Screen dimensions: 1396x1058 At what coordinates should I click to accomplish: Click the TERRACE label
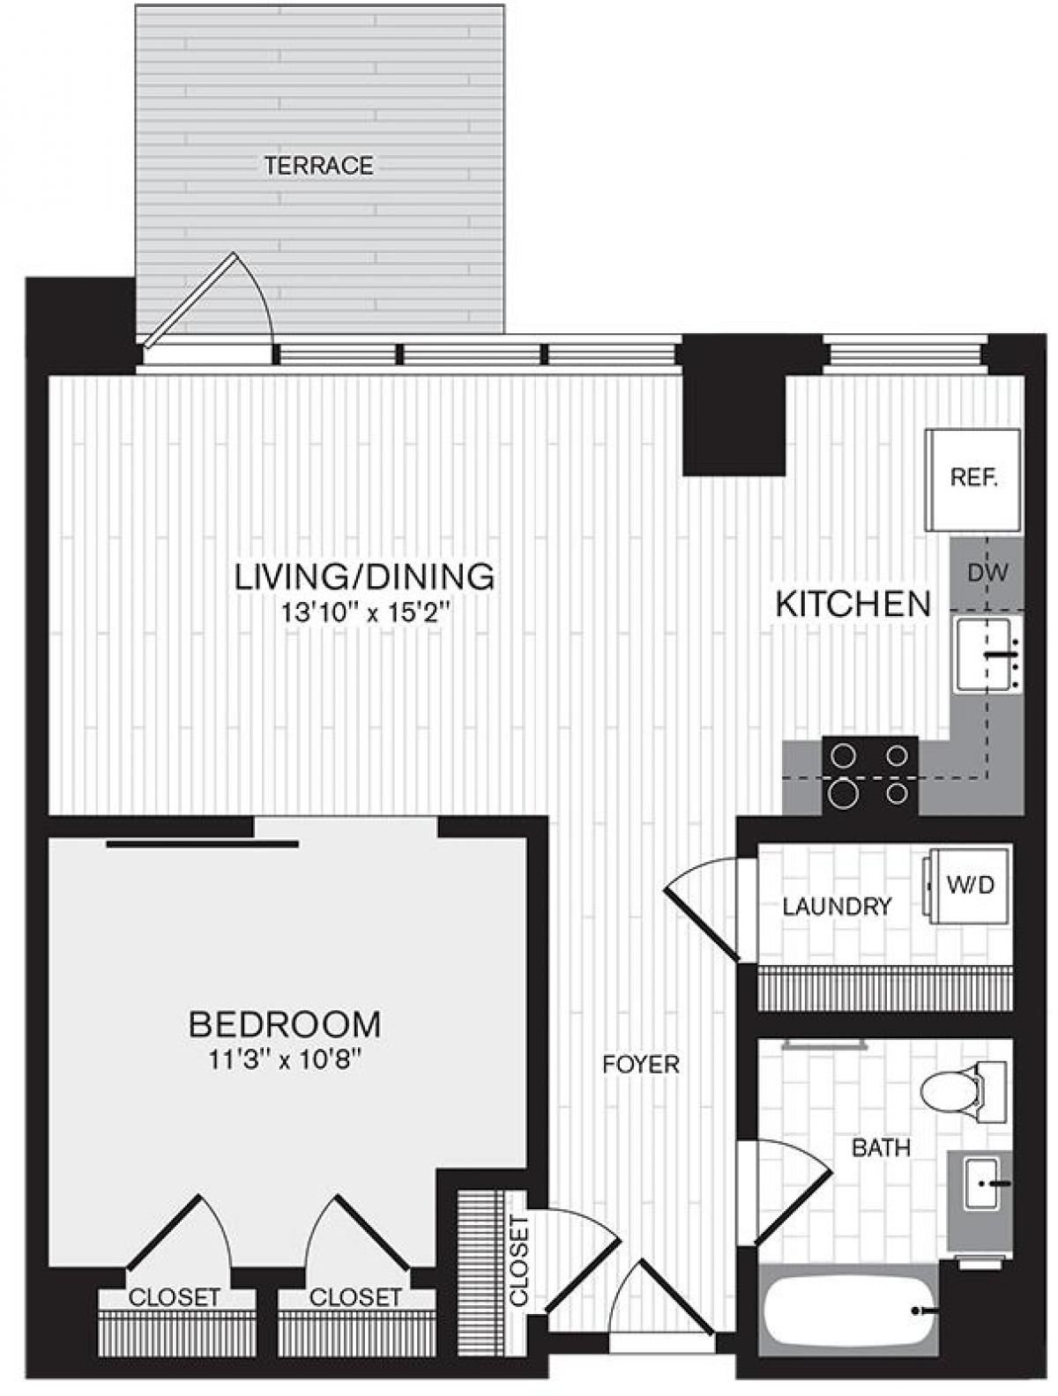318,166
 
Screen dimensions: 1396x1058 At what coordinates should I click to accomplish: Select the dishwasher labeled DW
987,573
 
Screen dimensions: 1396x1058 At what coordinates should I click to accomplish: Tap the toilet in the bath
961,1092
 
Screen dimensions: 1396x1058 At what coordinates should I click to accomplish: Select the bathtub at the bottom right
846,1311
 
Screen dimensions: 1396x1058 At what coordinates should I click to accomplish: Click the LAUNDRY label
837,906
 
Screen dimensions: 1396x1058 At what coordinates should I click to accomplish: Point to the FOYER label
641,1065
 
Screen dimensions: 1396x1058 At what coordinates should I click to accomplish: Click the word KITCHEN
853,604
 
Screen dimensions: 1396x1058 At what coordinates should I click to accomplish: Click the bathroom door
789,1190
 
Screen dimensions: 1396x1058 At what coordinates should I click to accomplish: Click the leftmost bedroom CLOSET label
174,1297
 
